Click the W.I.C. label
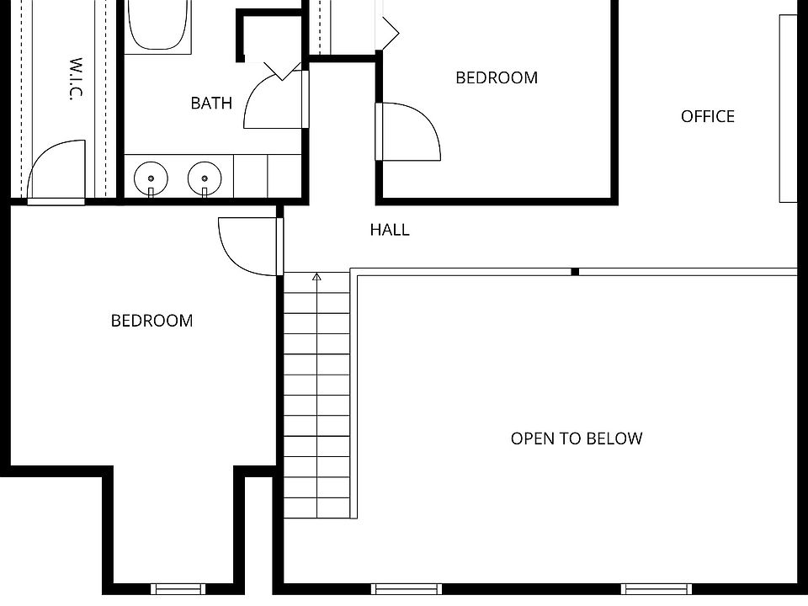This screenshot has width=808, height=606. (75, 79)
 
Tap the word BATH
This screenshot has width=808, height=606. (211, 104)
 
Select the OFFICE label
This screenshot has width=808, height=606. (707, 116)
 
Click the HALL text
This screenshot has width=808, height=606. (390, 229)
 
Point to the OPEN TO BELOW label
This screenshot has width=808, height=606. (576, 439)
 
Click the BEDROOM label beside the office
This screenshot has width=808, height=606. (496, 77)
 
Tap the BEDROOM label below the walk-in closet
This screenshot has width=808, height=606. (151, 321)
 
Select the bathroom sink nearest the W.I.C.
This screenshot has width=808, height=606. (151, 178)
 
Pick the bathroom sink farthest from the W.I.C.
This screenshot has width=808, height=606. (204, 178)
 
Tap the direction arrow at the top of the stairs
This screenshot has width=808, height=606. (317, 277)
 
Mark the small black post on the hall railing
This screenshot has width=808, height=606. (575, 271)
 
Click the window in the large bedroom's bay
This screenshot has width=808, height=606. (178, 588)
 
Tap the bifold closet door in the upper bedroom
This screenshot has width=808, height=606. (389, 29)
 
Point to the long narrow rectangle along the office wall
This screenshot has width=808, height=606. (788, 109)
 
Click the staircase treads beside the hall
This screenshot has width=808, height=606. (316, 396)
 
